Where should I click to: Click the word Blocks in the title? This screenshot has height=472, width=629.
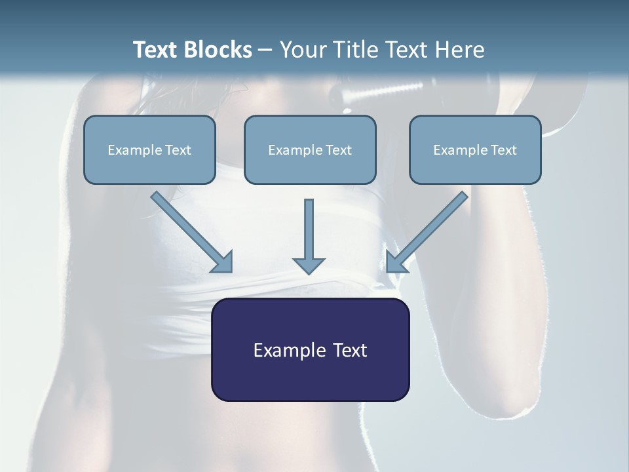pos(219,50)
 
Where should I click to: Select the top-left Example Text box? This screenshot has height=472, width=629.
pos(149,149)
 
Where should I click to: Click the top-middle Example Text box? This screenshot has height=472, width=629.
pos(310,149)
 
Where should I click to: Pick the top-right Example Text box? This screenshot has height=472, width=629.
pos(475,149)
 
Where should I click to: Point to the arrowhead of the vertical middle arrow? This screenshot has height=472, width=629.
pos(309,265)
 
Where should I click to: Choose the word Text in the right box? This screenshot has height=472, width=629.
pos(504,150)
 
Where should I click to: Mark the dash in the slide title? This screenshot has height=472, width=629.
pos(265,50)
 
